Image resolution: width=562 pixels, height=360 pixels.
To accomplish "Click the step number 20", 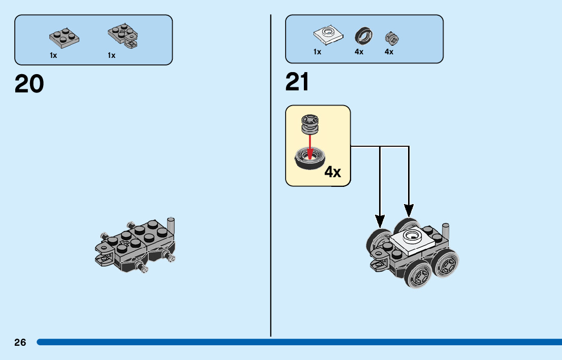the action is click(x=29, y=84).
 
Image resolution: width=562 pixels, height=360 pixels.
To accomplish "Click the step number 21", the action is click(x=297, y=82).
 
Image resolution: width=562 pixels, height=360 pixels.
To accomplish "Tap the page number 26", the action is click(x=20, y=343).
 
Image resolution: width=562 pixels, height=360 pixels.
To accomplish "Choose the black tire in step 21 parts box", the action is click(x=362, y=36).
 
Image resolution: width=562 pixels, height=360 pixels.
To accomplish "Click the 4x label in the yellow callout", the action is click(x=333, y=172).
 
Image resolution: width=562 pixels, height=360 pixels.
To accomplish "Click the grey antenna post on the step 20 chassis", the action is click(x=171, y=226).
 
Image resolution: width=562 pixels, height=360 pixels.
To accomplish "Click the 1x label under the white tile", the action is click(x=317, y=52).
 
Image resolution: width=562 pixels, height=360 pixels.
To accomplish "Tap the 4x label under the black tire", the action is click(x=359, y=52).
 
